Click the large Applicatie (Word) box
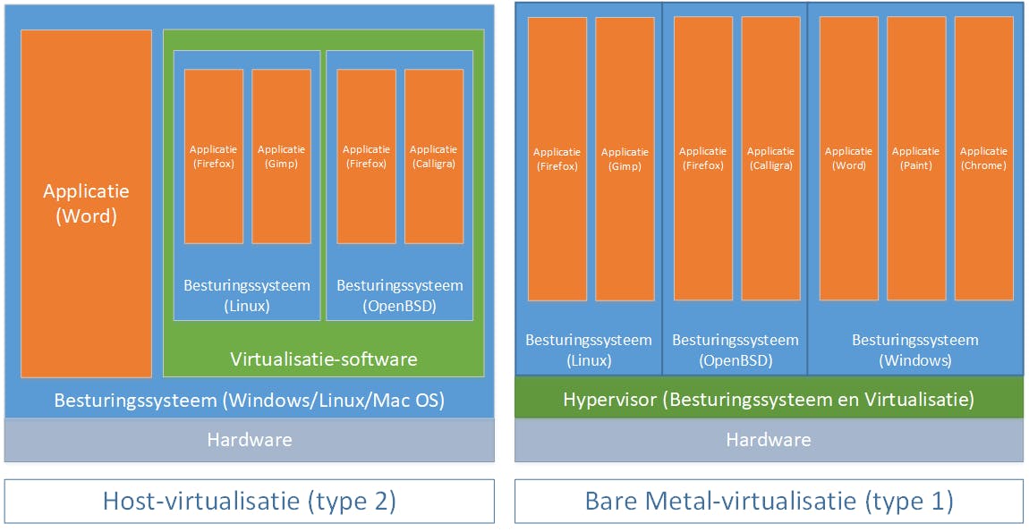(x=87, y=204)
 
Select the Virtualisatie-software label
(x=323, y=360)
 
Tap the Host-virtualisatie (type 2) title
(x=249, y=501)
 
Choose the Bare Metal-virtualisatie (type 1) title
(x=769, y=501)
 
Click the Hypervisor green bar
(x=769, y=399)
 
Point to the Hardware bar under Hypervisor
(x=769, y=440)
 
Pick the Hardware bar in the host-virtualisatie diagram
(x=249, y=440)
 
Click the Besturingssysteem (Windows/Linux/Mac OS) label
(x=249, y=400)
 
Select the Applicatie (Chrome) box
(x=983, y=158)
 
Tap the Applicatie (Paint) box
(x=916, y=158)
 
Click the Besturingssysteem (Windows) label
(x=914, y=350)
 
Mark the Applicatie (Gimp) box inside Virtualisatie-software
(x=281, y=156)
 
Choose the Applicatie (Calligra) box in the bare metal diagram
(x=770, y=158)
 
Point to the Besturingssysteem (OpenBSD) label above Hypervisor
(x=735, y=350)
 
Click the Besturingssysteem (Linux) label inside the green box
(x=247, y=296)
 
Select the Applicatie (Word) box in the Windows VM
(x=848, y=158)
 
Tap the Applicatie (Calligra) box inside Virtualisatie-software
(x=434, y=156)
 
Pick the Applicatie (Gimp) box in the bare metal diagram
(x=625, y=159)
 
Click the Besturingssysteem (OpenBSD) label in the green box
(x=400, y=296)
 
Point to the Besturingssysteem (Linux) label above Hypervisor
(x=589, y=350)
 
